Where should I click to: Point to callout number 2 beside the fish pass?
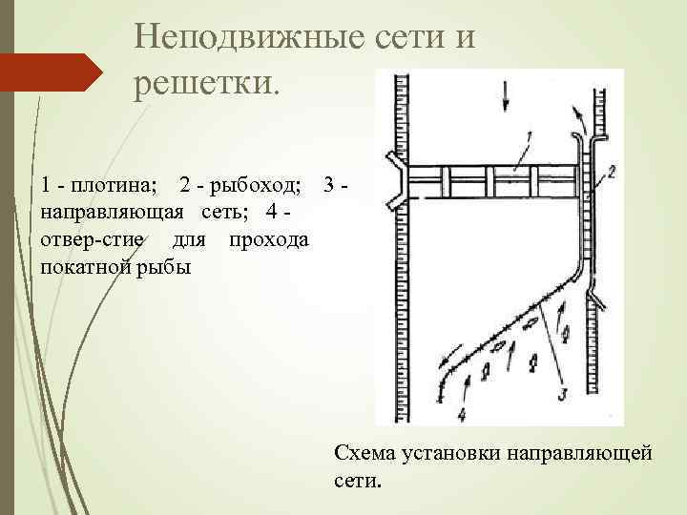tap(611, 173)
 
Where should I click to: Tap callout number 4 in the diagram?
tap(462, 414)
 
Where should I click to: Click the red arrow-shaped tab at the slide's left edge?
tap(52, 72)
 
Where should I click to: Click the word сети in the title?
tap(412, 37)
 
